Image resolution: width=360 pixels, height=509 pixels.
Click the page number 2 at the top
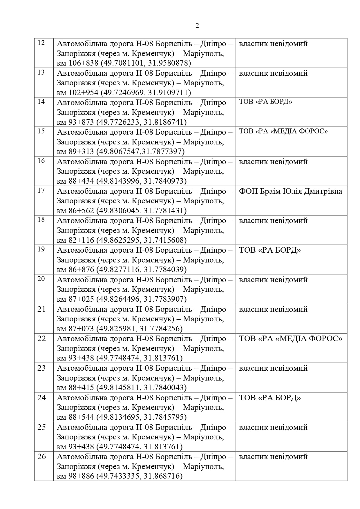click(x=197, y=26)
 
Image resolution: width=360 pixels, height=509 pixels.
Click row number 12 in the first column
click(x=41, y=43)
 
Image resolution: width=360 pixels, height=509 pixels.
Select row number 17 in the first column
click(x=41, y=190)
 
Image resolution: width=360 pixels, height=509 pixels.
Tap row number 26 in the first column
click(x=42, y=457)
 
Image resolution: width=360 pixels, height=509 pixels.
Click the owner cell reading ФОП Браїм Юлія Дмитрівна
click(x=290, y=191)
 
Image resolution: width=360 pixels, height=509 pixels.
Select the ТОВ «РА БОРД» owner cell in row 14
click(x=265, y=102)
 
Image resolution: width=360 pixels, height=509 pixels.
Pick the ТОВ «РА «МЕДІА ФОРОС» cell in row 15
click(x=283, y=131)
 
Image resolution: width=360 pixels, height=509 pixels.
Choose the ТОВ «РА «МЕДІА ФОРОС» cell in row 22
click(x=290, y=338)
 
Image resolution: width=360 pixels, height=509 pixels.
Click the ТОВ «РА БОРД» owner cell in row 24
click(x=270, y=398)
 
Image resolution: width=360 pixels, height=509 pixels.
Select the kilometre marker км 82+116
click(x=75, y=240)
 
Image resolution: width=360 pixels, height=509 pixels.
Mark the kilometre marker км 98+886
click(x=75, y=476)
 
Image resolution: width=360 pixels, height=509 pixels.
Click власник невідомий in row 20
click(x=273, y=280)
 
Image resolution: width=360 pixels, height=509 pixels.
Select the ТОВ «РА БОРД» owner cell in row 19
click(x=270, y=250)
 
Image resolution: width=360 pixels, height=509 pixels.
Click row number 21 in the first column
click(x=42, y=309)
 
